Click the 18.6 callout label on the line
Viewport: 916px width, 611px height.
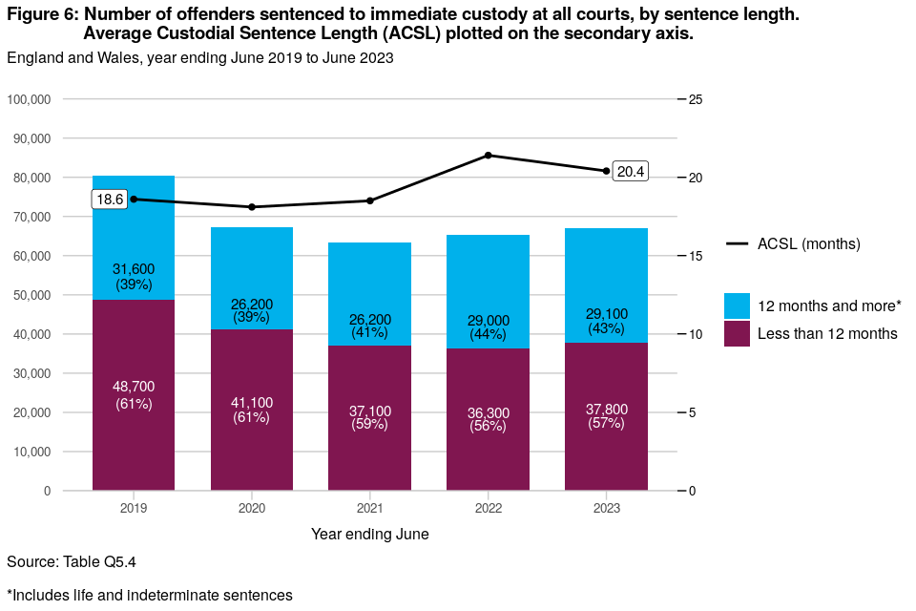110,200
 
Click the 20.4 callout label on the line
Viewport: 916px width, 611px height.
631,172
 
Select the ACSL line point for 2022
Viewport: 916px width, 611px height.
488,155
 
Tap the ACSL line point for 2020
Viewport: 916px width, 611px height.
252,207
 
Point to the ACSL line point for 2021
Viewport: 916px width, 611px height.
370,200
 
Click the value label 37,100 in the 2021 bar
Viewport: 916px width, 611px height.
370,411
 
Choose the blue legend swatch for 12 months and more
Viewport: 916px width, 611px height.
738,305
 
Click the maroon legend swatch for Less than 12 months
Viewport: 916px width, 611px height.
738,333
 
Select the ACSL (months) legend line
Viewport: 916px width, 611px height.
738,244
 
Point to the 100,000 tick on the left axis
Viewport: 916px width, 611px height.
31,99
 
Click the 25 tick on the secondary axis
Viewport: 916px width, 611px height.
696,99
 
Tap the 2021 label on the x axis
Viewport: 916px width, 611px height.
370,508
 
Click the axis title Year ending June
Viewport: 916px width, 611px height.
370,535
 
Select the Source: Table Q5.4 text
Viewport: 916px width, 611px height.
65,561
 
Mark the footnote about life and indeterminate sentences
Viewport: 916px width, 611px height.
149,595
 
